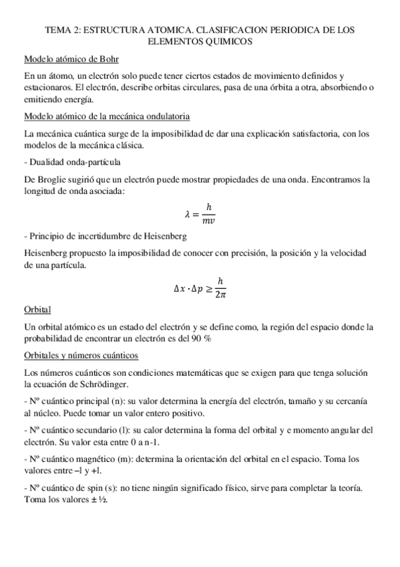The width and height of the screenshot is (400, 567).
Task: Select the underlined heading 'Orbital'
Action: (x=37, y=310)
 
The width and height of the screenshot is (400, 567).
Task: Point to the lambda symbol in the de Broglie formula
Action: (x=188, y=214)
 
